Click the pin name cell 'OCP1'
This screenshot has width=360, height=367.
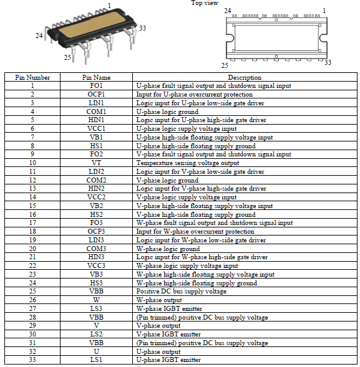(96, 94)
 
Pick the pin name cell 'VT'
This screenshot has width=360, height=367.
(96, 163)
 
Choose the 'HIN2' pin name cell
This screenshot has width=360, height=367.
(96, 188)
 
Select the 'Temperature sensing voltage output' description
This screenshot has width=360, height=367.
(180, 163)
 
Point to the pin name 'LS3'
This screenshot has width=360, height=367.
(96, 308)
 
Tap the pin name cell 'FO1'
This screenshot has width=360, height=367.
(96, 85)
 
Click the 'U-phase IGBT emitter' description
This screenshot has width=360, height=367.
(168, 360)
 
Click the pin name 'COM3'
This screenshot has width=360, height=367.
(96, 248)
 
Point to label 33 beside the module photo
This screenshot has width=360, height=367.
(142, 28)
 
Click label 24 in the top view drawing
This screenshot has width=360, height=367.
(227, 11)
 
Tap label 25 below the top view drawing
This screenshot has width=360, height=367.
(225, 64)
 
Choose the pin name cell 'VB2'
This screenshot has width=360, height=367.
(96, 206)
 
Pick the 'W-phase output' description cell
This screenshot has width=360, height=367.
(159, 300)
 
